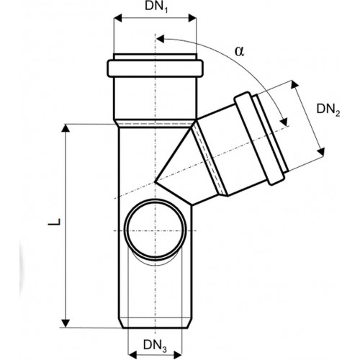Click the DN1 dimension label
(x=156, y=7)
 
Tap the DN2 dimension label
(x=328, y=110)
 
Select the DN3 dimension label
(x=155, y=346)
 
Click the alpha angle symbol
(x=239, y=51)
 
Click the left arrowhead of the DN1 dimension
(x=117, y=18)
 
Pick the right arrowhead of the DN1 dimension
(x=192, y=18)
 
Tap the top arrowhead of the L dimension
(x=66, y=128)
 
